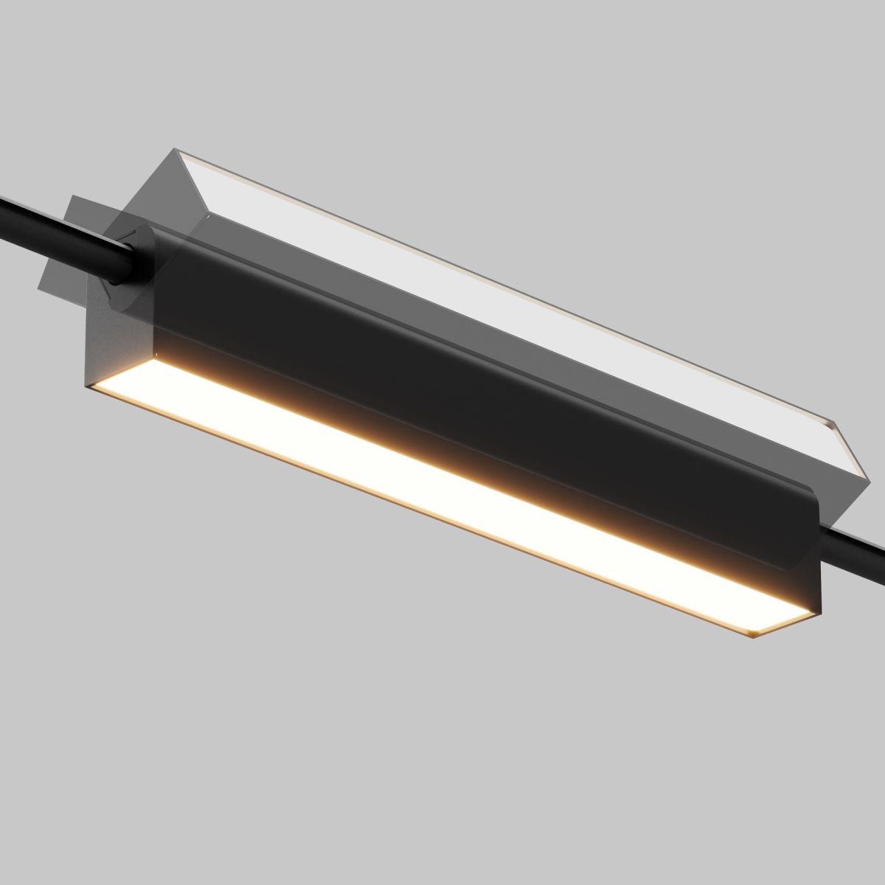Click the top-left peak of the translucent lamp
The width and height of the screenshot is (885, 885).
[178, 150]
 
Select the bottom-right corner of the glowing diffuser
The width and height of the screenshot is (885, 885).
[752, 636]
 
